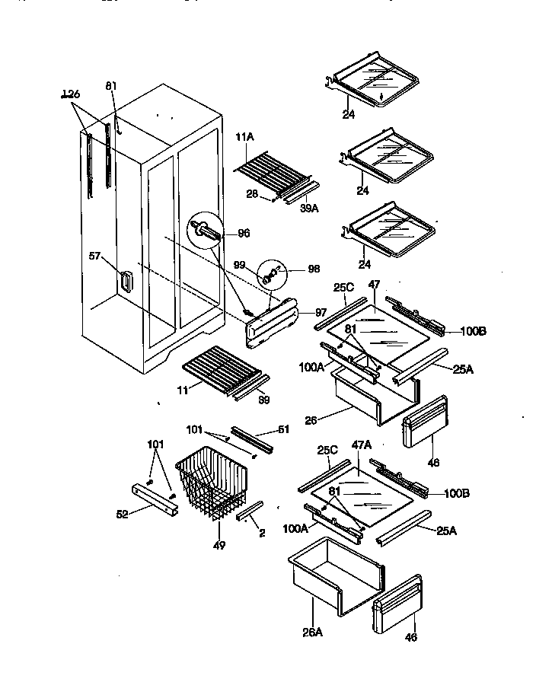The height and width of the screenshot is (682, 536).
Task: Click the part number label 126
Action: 71,94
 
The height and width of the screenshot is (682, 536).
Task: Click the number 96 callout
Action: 244,233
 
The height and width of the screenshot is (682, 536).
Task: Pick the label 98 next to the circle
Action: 313,269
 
